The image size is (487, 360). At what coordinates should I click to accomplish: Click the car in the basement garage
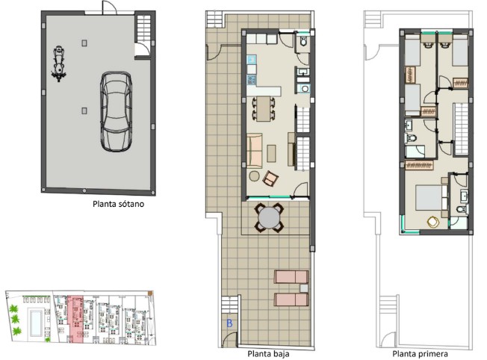coord(117,111)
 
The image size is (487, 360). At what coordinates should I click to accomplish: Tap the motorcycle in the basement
coord(58,63)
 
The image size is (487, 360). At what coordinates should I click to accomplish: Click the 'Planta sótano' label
coord(118,204)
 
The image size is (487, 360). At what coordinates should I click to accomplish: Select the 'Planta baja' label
coord(268,354)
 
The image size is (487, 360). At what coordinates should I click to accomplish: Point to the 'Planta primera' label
coord(421,354)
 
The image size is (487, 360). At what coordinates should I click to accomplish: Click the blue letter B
coord(229,323)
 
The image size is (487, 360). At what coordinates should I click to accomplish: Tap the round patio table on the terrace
coord(269,217)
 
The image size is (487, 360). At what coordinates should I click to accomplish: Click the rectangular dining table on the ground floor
coord(264,109)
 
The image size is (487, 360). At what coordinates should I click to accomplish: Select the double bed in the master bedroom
coord(432,198)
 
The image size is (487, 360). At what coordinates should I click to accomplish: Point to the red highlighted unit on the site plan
coord(75,319)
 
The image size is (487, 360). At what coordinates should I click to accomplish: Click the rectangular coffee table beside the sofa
coord(271,153)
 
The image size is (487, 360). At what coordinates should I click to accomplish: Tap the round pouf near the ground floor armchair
coord(254,176)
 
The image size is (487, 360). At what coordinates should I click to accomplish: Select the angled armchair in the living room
coord(270,179)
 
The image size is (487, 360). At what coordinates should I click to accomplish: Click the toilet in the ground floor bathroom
coord(303,40)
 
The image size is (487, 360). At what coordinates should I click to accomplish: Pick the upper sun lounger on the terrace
coord(291,277)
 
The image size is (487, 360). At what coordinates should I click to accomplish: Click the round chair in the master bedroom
coord(432,222)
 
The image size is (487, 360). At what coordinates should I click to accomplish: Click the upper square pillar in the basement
coord(84,43)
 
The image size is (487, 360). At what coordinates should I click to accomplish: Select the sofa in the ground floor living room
coord(255,151)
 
